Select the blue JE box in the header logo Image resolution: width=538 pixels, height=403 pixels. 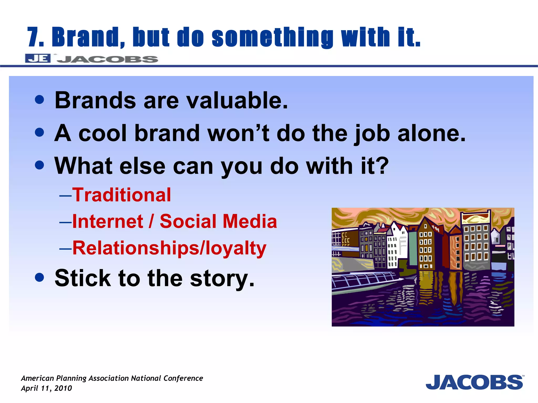click(x=38, y=58)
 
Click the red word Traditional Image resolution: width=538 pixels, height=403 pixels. click(x=121, y=195)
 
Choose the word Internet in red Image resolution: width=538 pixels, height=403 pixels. click(x=108, y=221)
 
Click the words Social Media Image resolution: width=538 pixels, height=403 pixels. click(x=218, y=221)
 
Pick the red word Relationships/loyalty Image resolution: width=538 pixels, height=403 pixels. click(x=169, y=248)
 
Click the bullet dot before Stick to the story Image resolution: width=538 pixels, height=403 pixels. click(x=39, y=277)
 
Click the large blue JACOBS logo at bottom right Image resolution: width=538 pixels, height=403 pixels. click(x=474, y=383)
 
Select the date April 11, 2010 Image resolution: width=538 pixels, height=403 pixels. click(x=46, y=388)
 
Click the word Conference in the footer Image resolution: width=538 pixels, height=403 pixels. click(x=183, y=378)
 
